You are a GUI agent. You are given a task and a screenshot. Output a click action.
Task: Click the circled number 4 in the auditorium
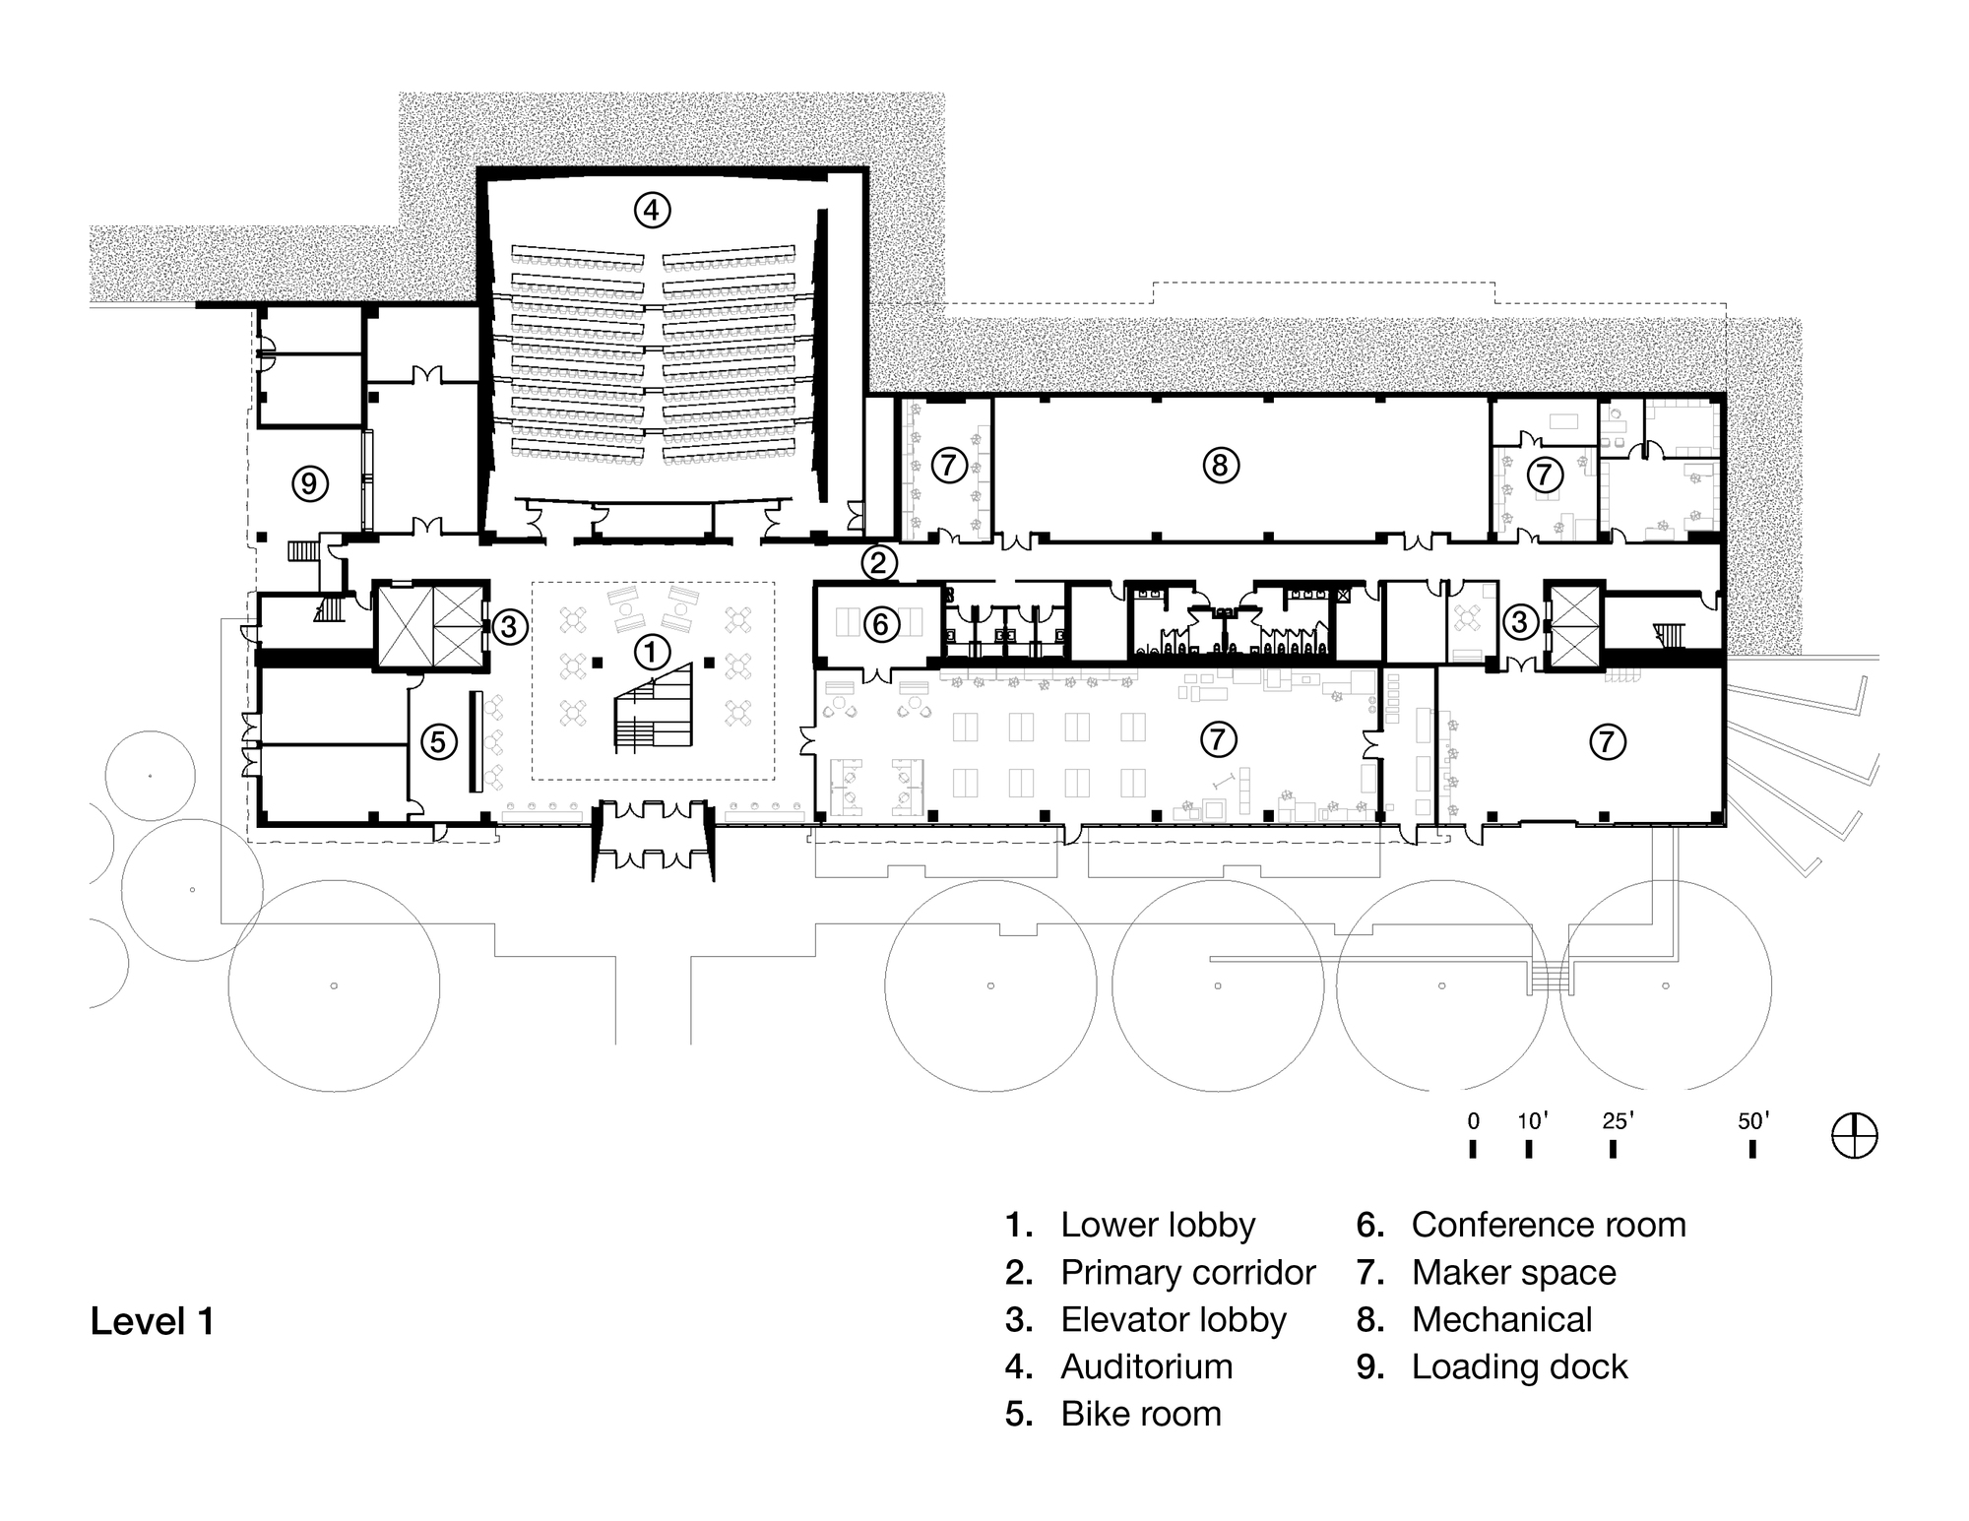652,210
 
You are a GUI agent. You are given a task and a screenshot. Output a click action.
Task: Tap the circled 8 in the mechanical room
1221,465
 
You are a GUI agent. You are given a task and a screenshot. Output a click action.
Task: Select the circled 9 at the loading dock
309,483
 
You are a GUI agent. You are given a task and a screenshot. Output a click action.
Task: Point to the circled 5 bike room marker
439,741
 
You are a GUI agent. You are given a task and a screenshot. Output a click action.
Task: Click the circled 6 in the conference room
880,623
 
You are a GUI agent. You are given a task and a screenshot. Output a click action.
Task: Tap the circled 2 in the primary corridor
879,563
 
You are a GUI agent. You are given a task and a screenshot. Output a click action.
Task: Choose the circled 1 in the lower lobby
651,651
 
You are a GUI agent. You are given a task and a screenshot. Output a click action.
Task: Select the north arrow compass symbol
1854,1136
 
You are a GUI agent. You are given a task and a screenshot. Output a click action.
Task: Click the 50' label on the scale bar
1752,1120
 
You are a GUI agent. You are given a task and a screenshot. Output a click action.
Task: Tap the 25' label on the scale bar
1618,1120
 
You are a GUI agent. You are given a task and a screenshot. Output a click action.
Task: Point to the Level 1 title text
153,1321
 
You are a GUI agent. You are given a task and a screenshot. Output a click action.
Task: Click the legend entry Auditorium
1146,1366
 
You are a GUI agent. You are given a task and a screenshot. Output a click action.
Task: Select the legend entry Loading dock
1519,1366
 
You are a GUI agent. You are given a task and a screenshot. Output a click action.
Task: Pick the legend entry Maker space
1513,1272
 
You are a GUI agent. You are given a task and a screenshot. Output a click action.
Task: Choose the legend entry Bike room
1140,1414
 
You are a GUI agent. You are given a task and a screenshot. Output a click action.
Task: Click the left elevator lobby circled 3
508,626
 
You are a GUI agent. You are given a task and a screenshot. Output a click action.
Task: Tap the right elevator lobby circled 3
1519,621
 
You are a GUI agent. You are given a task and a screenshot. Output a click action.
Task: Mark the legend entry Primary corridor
1187,1272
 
